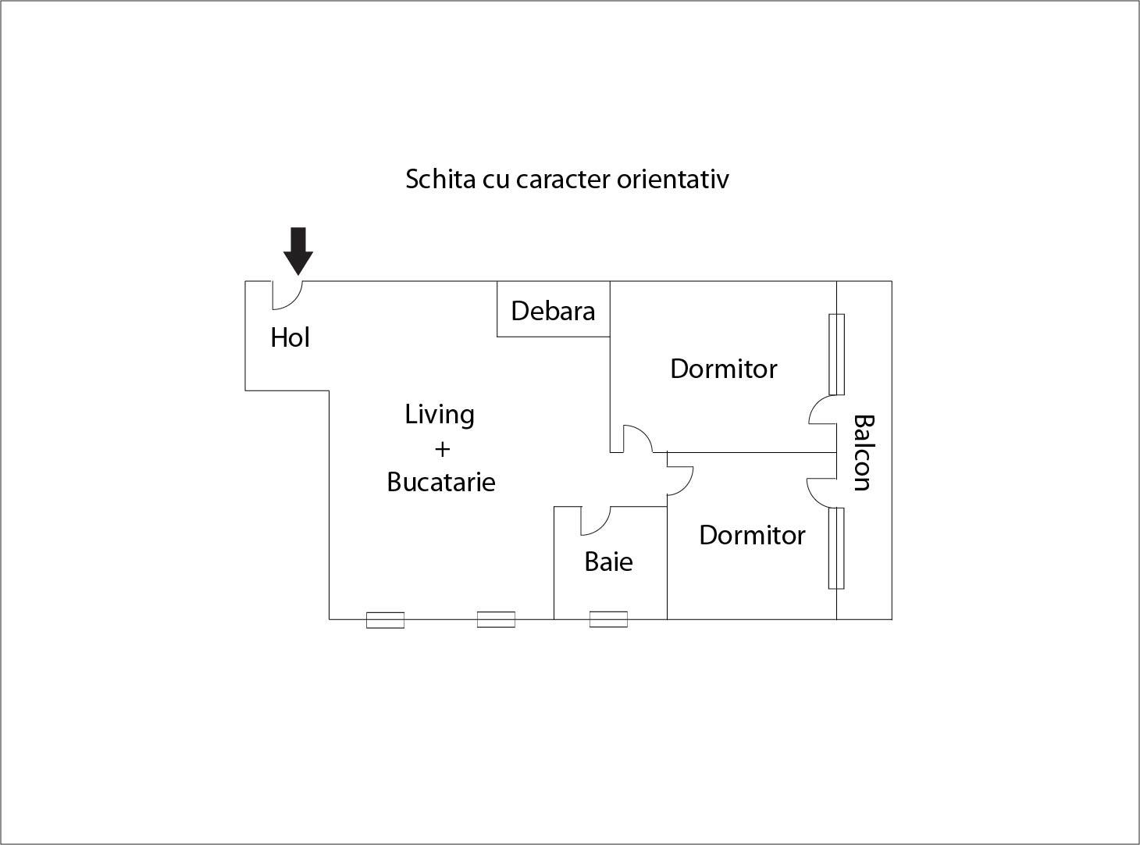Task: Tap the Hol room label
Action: (290, 337)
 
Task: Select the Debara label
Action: (553, 311)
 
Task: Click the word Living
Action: (440, 414)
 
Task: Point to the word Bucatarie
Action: (441, 482)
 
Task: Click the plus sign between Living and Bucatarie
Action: (442, 449)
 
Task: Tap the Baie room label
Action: (608, 562)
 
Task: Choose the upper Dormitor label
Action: (724, 369)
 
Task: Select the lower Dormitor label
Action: (752, 535)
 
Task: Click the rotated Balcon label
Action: (862, 452)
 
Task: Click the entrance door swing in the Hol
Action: (286, 294)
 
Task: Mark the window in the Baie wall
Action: (608, 619)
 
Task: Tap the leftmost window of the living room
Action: (386, 620)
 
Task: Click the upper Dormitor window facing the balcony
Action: (836, 354)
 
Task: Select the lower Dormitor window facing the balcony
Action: (836, 547)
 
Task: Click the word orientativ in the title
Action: (673, 179)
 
